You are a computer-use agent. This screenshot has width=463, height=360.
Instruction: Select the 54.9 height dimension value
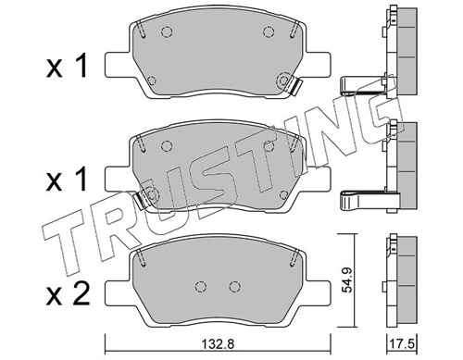(348, 280)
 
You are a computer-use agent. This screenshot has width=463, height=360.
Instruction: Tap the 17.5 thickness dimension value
(402, 343)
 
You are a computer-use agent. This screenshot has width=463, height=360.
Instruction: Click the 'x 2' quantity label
(68, 294)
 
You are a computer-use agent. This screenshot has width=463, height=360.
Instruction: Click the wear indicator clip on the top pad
(295, 87)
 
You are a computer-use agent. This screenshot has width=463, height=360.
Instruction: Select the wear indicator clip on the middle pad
(139, 200)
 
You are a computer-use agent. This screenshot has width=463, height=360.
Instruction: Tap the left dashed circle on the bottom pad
(201, 287)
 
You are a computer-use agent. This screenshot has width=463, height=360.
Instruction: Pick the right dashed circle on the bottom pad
(234, 287)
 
